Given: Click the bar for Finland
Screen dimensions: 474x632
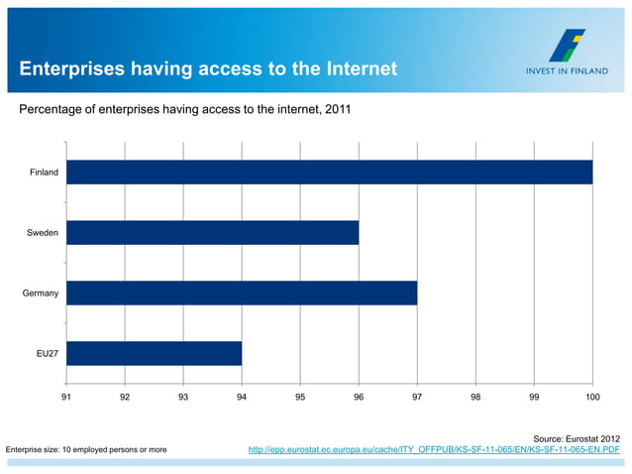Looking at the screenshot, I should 329,173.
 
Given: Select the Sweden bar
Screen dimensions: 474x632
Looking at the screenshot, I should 212,233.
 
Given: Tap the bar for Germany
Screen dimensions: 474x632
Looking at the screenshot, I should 242,294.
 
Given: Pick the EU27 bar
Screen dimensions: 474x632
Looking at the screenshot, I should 154,354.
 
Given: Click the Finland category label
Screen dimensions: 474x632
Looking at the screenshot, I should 44,173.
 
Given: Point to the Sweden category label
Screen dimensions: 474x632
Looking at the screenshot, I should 43,233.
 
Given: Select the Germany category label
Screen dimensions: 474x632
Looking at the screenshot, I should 42,294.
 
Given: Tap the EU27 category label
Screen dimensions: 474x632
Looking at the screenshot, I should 47,354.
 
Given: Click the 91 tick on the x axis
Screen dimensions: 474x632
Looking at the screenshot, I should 66,397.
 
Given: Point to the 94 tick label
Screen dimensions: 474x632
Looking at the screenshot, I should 242,397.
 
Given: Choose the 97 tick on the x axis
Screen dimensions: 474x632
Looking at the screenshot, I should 417,397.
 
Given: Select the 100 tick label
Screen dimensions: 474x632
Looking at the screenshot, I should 592,397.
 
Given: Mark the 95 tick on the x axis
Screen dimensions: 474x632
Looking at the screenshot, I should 300,397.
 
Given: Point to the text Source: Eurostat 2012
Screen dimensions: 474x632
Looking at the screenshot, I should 577,437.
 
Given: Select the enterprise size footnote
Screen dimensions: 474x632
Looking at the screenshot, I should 87,450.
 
